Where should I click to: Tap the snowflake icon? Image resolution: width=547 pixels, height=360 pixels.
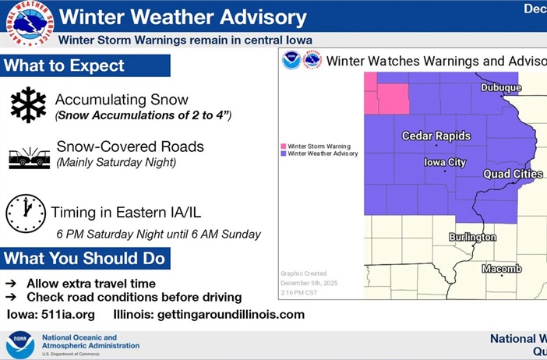click(x=28, y=105)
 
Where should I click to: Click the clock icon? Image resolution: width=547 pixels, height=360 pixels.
click(x=26, y=214)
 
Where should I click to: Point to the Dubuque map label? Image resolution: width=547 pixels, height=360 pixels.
click(x=500, y=88)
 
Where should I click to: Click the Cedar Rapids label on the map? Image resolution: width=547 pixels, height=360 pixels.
click(x=436, y=136)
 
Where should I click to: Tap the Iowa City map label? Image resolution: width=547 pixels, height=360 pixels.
click(x=444, y=162)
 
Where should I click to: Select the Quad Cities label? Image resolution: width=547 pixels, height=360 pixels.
click(x=513, y=174)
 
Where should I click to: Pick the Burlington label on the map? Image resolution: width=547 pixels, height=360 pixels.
click(x=472, y=237)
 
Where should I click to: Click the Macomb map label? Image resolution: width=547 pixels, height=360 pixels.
click(x=501, y=269)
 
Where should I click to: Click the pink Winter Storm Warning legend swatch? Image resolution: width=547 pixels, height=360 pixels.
click(x=284, y=146)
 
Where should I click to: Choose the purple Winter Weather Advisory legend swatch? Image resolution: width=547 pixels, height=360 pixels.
click(x=284, y=154)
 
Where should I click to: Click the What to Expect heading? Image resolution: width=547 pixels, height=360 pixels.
click(x=64, y=66)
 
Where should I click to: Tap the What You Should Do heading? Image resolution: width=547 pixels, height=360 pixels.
click(x=84, y=258)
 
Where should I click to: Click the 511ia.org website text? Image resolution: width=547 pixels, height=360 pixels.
click(x=70, y=315)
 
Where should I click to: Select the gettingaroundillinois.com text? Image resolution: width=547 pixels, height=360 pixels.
click(x=231, y=315)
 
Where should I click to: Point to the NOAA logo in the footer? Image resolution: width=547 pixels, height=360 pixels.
click(x=20, y=344)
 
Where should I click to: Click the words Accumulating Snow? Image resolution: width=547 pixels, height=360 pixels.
click(x=122, y=100)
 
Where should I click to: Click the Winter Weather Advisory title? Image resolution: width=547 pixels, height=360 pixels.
click(x=182, y=16)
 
